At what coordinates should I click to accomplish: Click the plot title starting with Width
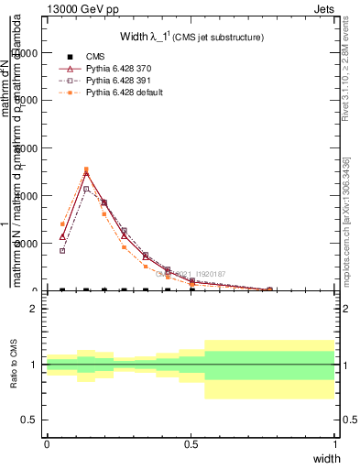coord(191,37)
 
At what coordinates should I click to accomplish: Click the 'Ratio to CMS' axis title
coord(14,365)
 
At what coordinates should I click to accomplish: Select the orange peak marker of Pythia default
coord(86,169)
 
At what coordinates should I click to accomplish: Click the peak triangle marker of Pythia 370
coord(86,173)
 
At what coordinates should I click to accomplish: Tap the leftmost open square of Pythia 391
coord(62,250)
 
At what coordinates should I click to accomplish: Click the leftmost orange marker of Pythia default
coord(62,224)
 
